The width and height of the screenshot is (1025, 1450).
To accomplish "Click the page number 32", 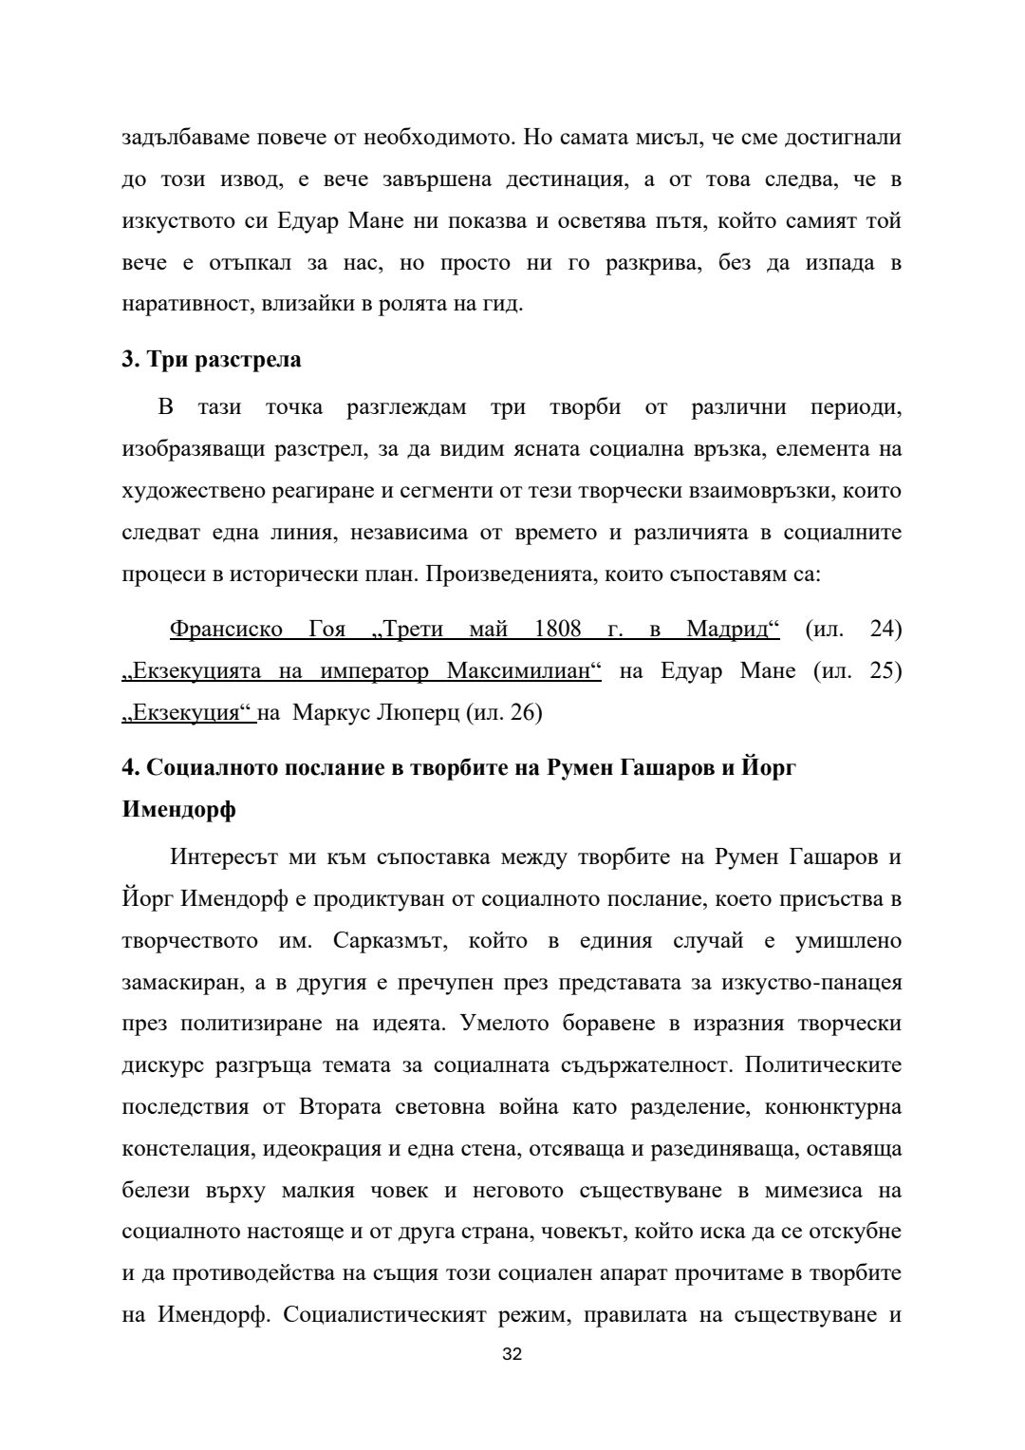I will coord(512,1354).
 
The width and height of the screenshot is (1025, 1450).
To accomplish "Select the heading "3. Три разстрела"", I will coord(212,359).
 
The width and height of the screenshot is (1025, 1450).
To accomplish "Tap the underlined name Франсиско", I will coord(226,629).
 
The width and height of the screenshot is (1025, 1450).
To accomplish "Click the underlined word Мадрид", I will coord(733,629).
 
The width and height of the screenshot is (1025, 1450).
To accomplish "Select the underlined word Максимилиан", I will coord(524,670).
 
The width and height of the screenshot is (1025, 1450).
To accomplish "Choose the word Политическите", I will coord(823,1065).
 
